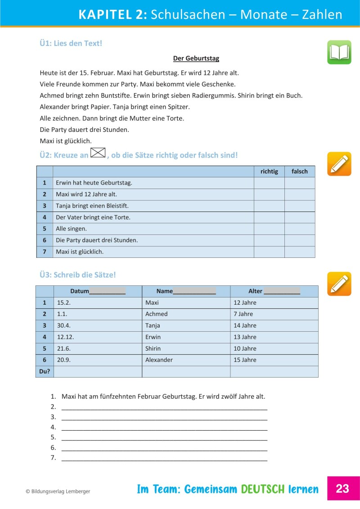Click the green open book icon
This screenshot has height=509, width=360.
339,52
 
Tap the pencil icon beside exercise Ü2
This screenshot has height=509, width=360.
339,164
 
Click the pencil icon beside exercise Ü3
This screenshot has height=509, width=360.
339,284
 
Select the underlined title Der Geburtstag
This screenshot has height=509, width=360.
196,59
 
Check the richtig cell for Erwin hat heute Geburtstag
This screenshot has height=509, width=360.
269,183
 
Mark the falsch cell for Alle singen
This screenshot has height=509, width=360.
300,229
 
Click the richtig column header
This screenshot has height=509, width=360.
269,171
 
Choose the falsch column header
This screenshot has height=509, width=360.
300,171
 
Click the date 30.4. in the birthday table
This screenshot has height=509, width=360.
63,325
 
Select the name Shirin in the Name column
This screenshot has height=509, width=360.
153,348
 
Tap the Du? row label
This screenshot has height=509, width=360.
45,371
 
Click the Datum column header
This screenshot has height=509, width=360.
98,291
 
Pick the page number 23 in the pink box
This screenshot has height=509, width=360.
343,489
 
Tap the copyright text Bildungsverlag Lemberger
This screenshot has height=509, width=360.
58,491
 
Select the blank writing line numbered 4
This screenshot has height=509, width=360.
164,427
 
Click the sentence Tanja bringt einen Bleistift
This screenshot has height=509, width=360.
92,206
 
